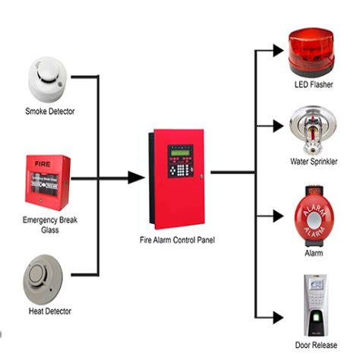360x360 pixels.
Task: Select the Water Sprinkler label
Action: click(314, 162)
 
